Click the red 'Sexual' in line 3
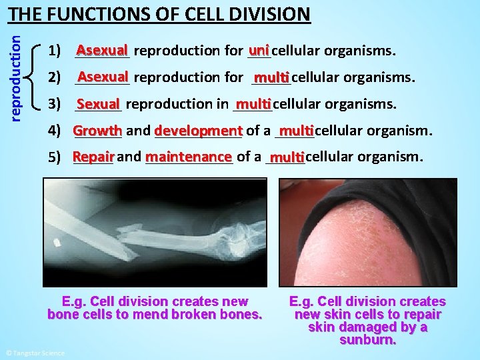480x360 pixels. point(97,104)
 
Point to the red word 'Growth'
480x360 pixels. point(97,131)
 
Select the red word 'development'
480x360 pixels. point(198,131)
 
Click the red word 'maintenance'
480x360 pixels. point(188,157)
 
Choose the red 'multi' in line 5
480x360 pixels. point(287,157)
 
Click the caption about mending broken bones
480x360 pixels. point(155,308)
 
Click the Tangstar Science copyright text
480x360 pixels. point(35,352)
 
